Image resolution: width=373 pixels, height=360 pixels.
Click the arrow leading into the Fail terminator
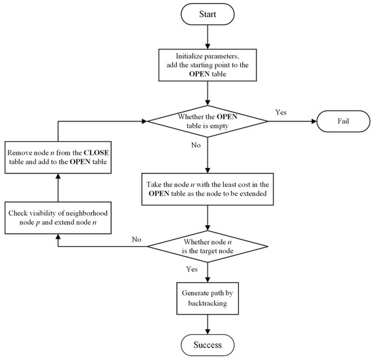(288, 122)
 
